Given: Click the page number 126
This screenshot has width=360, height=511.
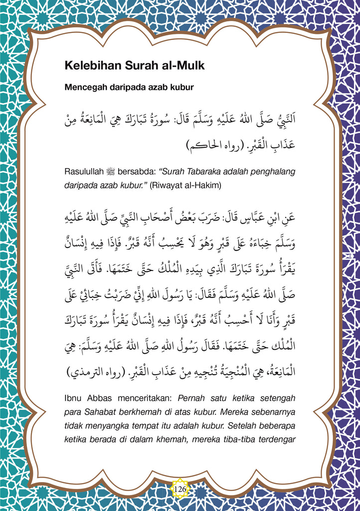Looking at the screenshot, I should coord(180,490).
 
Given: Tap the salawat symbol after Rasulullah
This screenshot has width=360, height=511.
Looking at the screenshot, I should coord(111,172).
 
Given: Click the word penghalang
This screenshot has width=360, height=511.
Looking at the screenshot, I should coord(272,172).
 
